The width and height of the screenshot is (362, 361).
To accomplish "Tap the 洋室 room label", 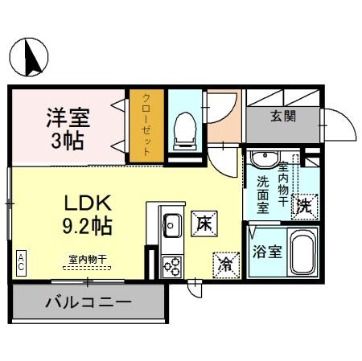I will click(67, 117).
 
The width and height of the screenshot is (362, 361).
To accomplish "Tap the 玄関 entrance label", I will click(282, 116).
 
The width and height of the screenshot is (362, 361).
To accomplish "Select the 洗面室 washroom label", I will click(264, 194).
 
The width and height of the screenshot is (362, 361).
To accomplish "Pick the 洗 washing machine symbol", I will click(306, 206).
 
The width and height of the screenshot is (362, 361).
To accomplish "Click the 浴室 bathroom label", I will click(267, 252).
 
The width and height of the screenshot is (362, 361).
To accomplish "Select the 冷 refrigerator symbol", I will click(225, 264).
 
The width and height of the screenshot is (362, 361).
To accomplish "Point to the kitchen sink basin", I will click(171, 225).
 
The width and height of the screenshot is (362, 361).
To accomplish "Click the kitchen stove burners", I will click(171, 265).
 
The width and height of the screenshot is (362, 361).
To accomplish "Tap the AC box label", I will click(20, 260).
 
